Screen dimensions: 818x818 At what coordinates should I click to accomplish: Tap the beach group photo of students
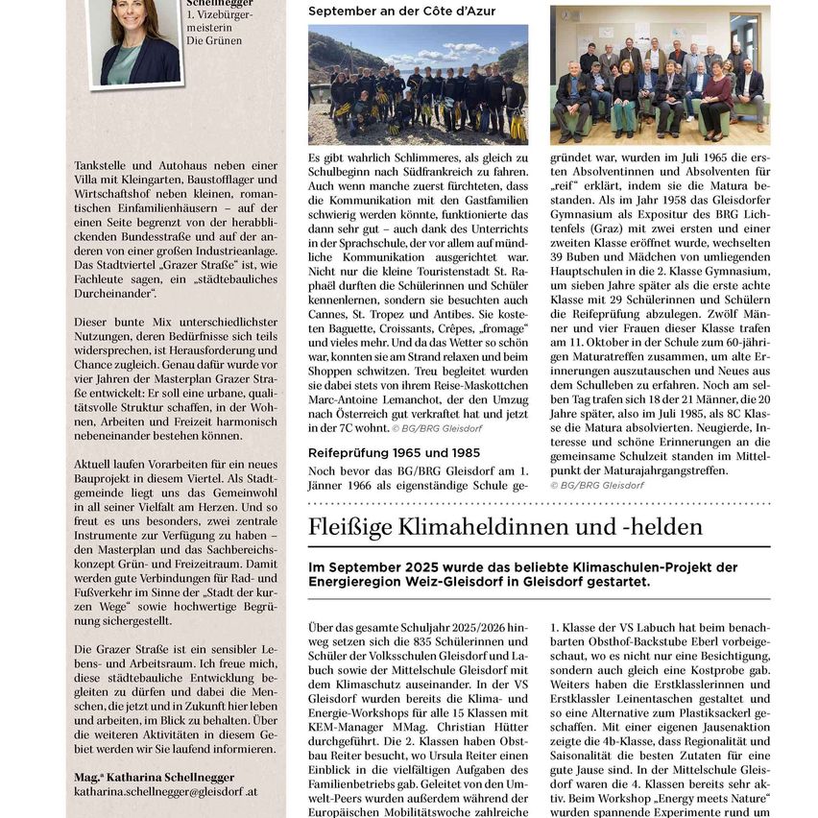[x=418, y=84]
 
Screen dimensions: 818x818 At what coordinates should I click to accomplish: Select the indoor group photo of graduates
[x=660, y=75]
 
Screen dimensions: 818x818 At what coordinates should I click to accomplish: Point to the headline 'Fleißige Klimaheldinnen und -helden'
[x=505, y=527]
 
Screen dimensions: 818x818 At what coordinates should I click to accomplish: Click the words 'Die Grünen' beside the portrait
[x=215, y=41]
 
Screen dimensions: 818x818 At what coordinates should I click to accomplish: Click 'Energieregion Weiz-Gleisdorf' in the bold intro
[x=409, y=581]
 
